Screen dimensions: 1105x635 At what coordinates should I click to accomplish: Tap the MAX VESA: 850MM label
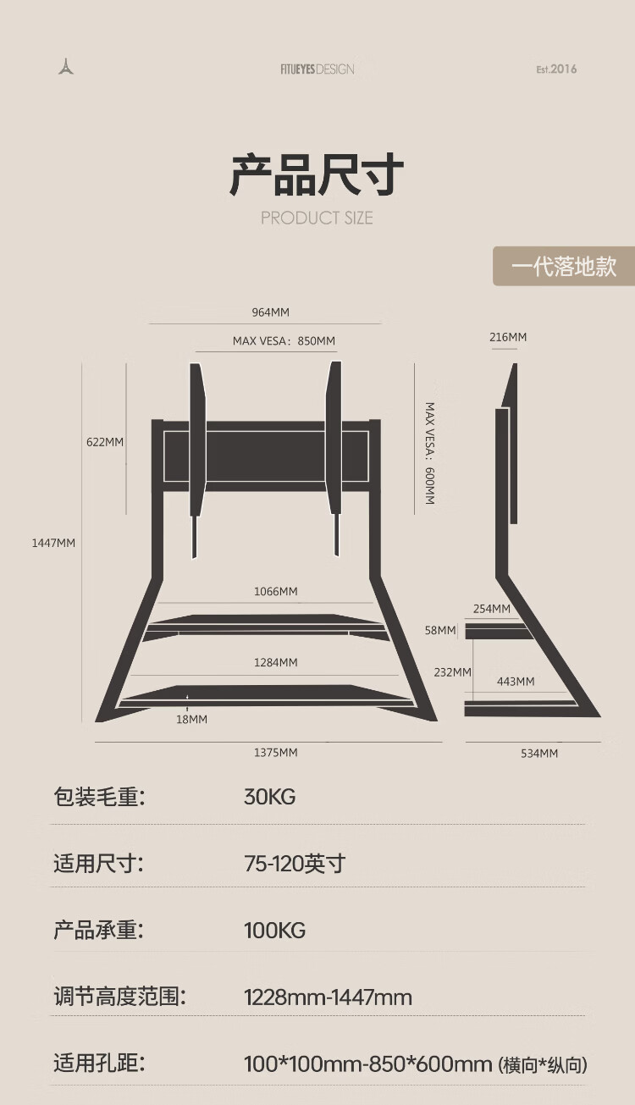(x=284, y=341)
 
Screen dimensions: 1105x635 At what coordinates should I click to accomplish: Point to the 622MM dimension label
(x=105, y=442)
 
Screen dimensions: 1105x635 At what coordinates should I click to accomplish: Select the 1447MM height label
(x=53, y=543)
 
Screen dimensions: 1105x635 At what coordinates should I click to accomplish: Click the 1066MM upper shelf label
(x=276, y=591)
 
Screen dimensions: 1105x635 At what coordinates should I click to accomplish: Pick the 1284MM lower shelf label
(x=276, y=662)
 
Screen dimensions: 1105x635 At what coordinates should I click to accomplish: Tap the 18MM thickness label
(x=192, y=719)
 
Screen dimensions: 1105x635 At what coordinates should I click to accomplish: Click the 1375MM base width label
(x=276, y=753)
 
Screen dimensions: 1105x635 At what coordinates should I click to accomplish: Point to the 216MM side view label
(x=508, y=337)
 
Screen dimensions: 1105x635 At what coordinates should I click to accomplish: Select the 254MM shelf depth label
(x=492, y=609)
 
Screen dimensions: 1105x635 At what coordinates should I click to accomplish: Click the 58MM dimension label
(x=440, y=631)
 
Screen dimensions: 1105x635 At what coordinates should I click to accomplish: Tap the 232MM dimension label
(x=452, y=672)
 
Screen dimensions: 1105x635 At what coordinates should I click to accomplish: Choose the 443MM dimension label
(x=516, y=682)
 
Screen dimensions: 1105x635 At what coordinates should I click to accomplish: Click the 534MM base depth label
(x=539, y=754)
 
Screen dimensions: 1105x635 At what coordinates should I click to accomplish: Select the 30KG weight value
(x=270, y=797)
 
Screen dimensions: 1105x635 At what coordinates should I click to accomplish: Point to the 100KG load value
(x=275, y=931)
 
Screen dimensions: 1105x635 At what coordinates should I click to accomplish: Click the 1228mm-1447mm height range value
(x=329, y=997)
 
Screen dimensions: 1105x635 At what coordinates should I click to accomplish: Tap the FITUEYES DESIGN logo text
(x=317, y=69)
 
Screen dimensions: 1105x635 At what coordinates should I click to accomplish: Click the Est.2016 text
(x=556, y=69)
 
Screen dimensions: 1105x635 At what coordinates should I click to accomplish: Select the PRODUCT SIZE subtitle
(x=317, y=218)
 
